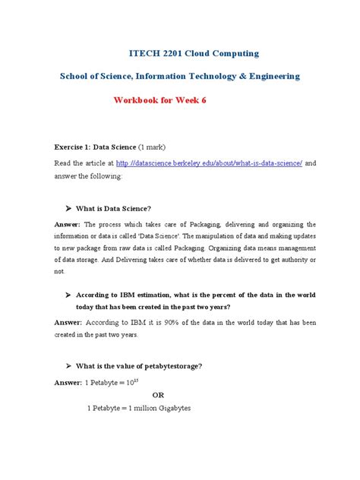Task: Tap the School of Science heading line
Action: (180, 77)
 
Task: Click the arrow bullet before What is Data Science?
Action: (69, 208)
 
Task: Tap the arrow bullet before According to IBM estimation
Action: (69, 294)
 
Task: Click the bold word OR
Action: (158, 395)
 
